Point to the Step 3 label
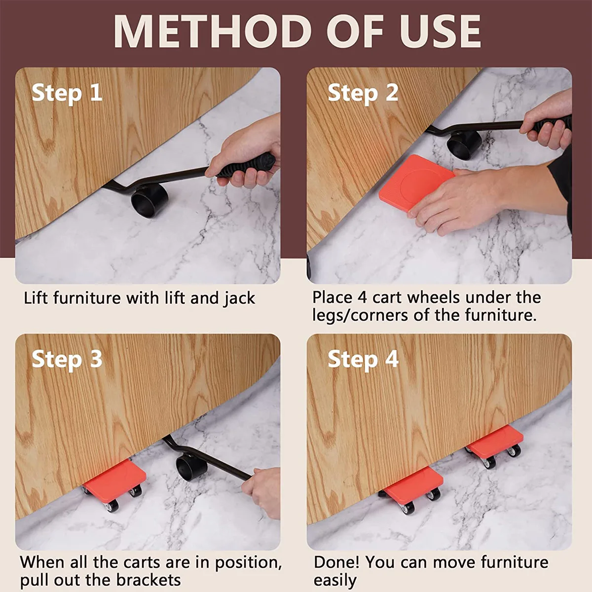coord(67,360)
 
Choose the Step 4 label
coord(363,360)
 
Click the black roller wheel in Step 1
coord(149,201)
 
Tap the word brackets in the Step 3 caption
coord(148,580)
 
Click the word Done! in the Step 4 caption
coord(336,562)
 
